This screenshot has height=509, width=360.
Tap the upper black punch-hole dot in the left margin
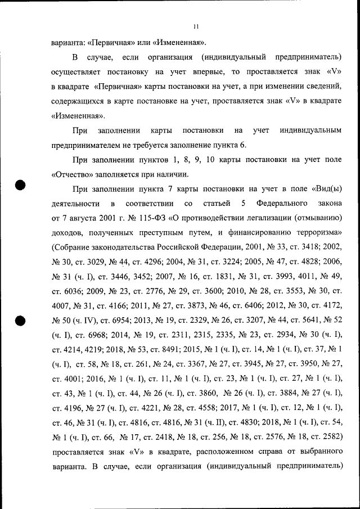(20, 186)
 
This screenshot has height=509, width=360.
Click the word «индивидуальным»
(310, 130)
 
